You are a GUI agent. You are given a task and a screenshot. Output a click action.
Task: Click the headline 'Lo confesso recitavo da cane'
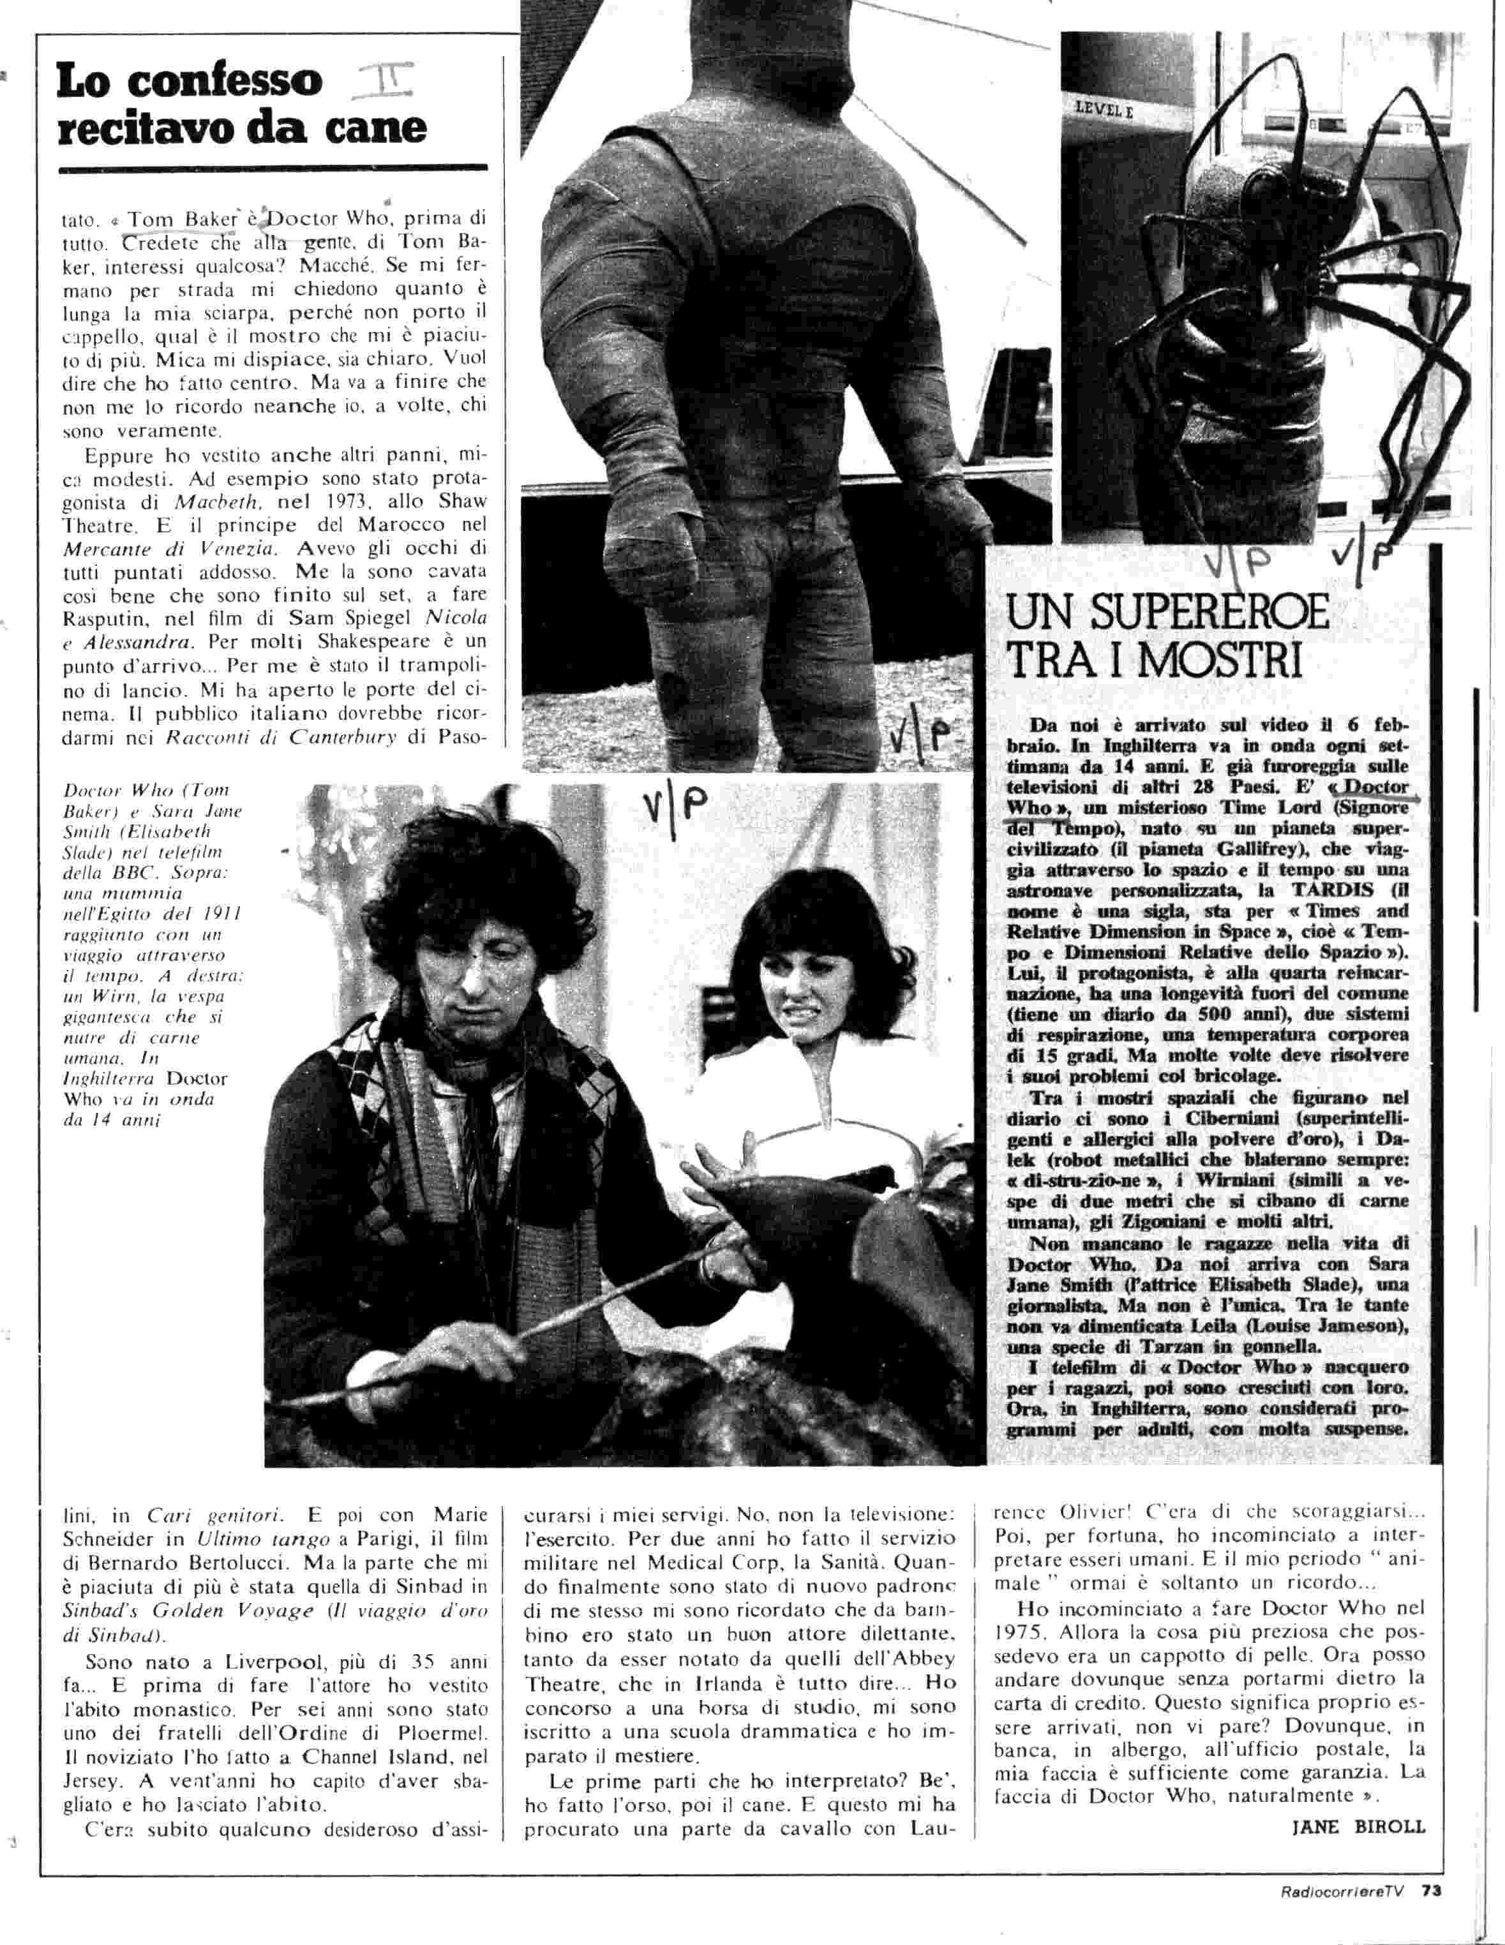coord(241,105)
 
